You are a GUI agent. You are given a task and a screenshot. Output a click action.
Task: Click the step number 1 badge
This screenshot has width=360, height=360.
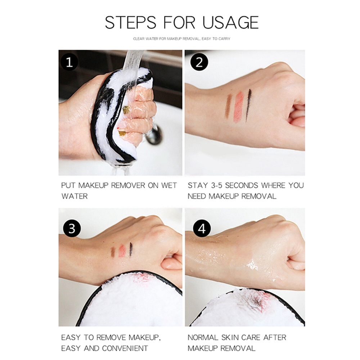coord(69,62)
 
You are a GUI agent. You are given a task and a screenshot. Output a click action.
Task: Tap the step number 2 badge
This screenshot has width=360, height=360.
coord(199,62)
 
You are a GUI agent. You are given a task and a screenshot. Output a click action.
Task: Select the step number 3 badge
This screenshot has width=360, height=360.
coord(72,229)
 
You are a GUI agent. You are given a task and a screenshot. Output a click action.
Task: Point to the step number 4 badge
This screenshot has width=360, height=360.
coord(202,229)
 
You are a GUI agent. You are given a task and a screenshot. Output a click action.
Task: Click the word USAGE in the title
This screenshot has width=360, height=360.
coord(230,22)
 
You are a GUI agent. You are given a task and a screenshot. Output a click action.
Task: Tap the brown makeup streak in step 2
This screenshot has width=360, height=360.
coord(228,106)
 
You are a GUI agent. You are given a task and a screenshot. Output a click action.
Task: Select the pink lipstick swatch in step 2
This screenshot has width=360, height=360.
coord(238,107)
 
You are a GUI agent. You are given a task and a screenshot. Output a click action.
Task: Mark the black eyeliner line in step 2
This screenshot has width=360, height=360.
coord(248,105)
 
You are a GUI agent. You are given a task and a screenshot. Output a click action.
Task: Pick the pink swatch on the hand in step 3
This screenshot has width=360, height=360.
coord(122,251)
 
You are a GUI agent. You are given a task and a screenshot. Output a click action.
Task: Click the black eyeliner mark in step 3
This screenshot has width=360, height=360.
coord(131,249)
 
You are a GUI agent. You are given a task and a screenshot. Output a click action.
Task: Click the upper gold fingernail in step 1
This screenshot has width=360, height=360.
coord(126,110)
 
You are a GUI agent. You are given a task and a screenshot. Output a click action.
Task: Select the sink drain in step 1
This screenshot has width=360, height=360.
coord(154,135)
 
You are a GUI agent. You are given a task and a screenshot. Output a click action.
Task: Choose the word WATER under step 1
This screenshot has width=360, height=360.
coord(75,196)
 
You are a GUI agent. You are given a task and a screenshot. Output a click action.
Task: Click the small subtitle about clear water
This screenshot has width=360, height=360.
coord(181,39)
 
